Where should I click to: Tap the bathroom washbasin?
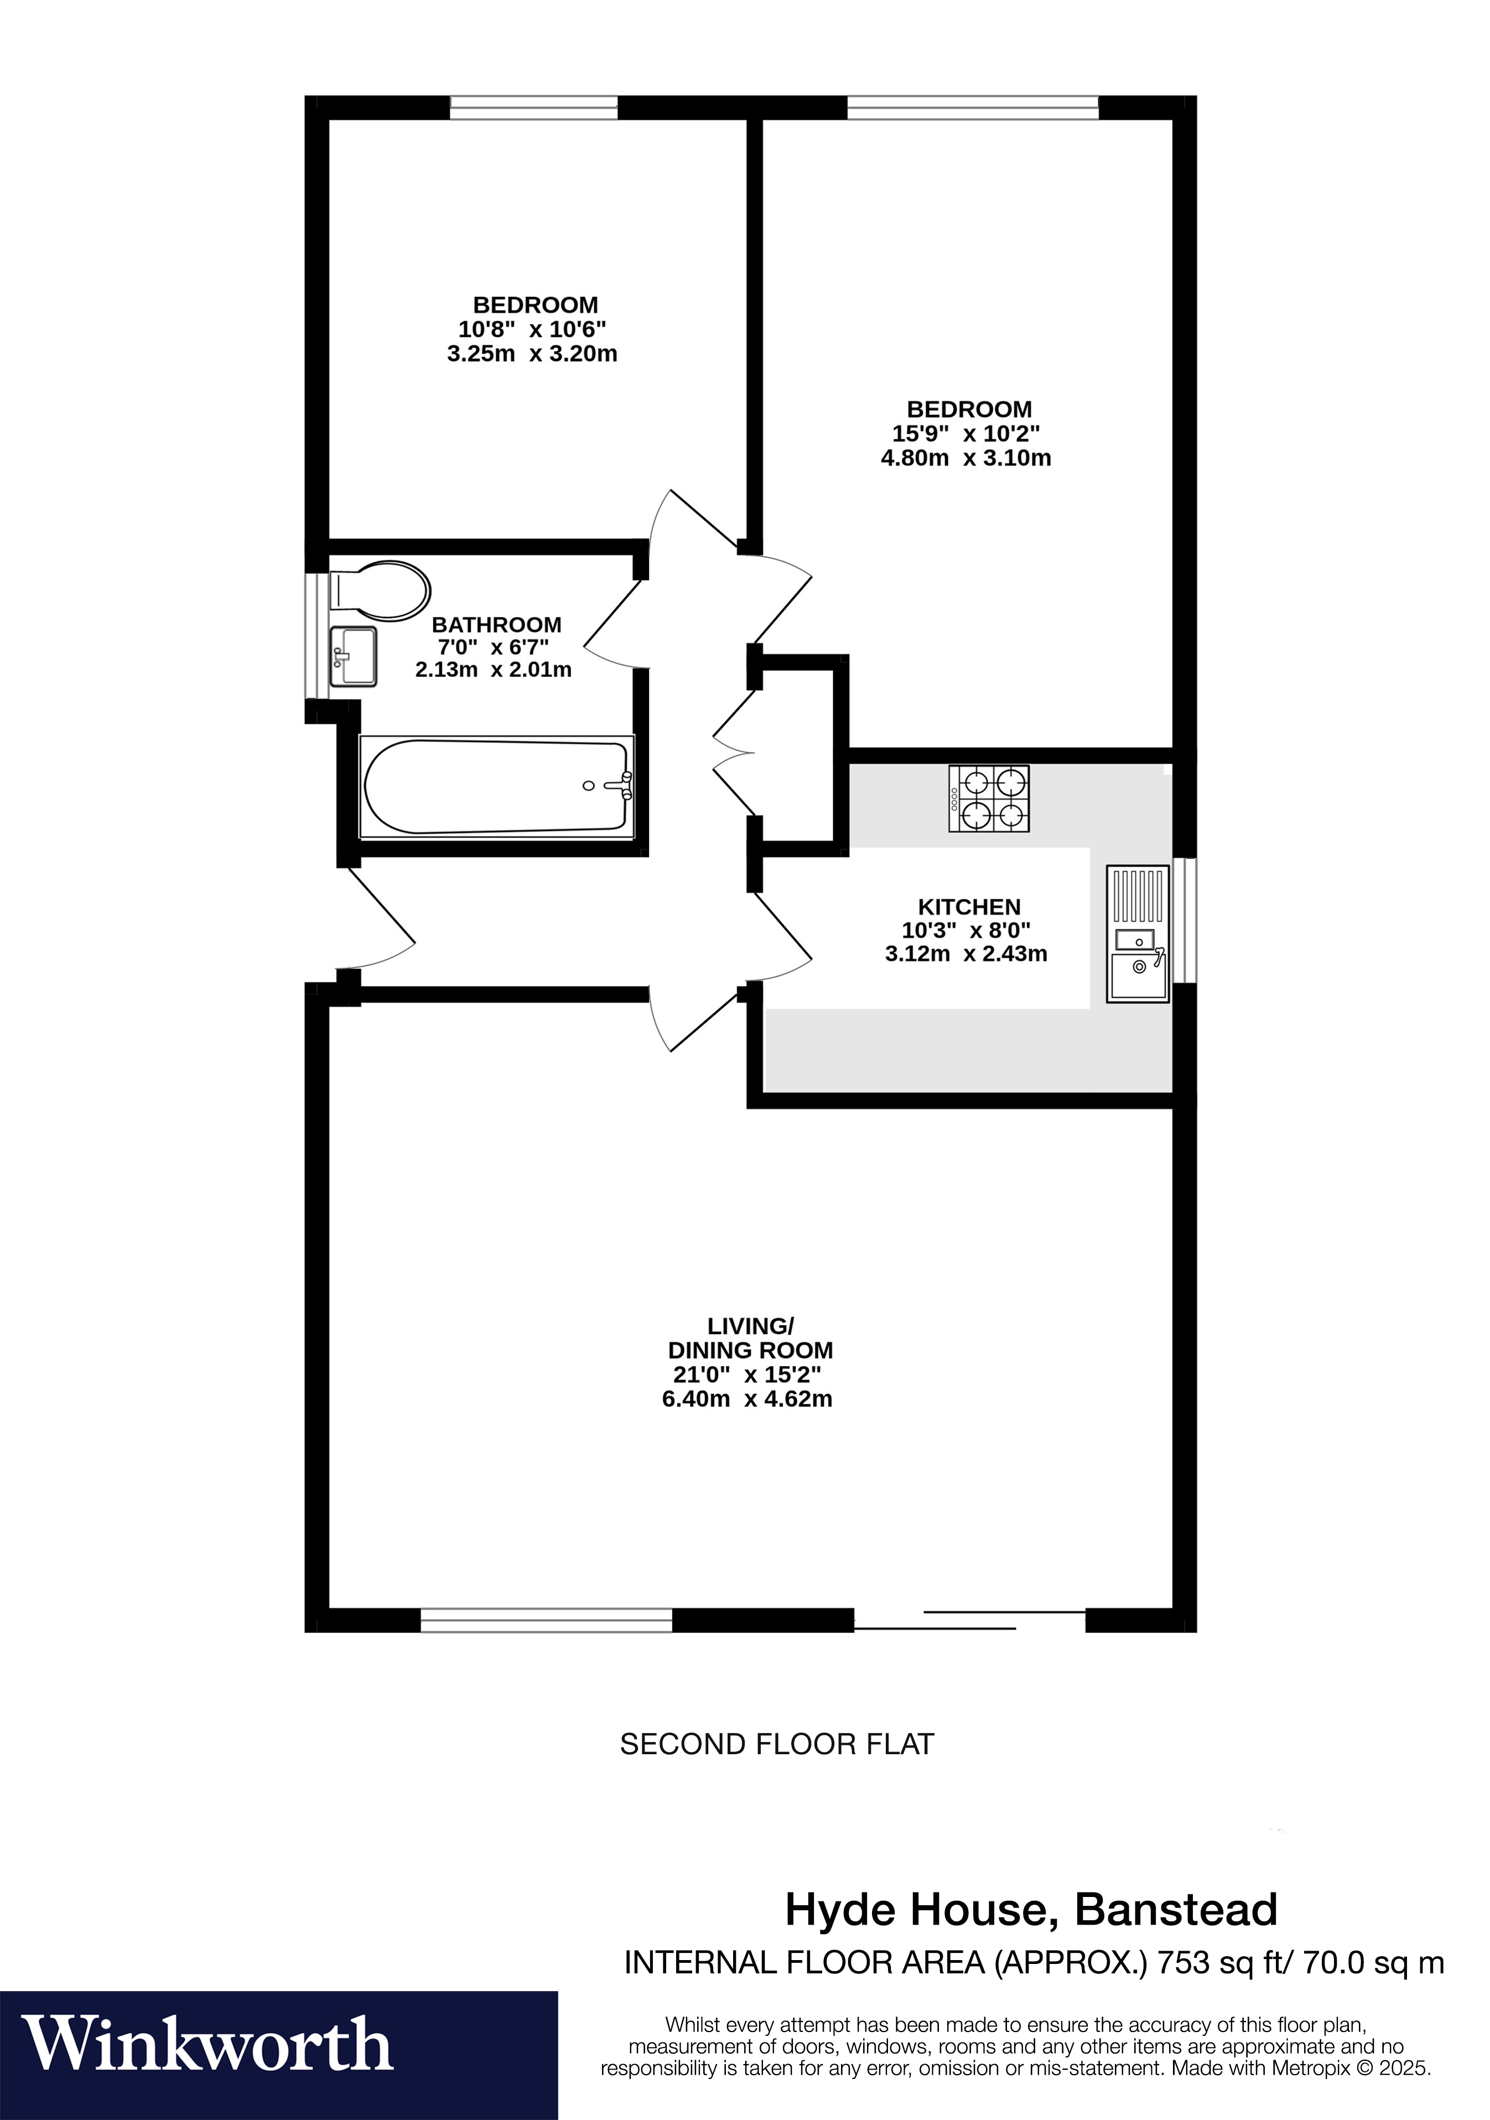[352, 656]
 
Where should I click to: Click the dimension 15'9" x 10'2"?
[965, 434]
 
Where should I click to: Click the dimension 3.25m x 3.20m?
[532, 354]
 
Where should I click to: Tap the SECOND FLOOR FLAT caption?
[776, 1744]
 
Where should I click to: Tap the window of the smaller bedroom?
[533, 107]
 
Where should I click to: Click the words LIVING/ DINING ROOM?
[750, 1338]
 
